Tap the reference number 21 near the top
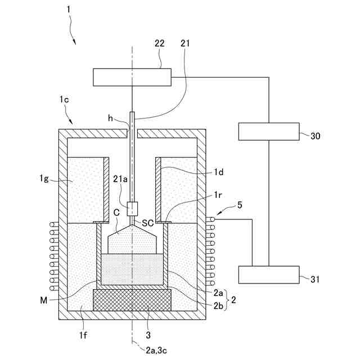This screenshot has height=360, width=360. tap(186, 44)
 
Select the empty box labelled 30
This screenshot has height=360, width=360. tap(269, 131)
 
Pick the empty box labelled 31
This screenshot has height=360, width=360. tap(269, 275)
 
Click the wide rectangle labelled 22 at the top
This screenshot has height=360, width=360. tap(132, 76)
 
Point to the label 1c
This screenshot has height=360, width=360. tap(64, 100)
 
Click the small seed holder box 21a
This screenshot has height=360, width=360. tap(133, 209)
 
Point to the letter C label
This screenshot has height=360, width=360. tap(115, 213)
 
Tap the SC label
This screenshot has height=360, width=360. tap(148, 223)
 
